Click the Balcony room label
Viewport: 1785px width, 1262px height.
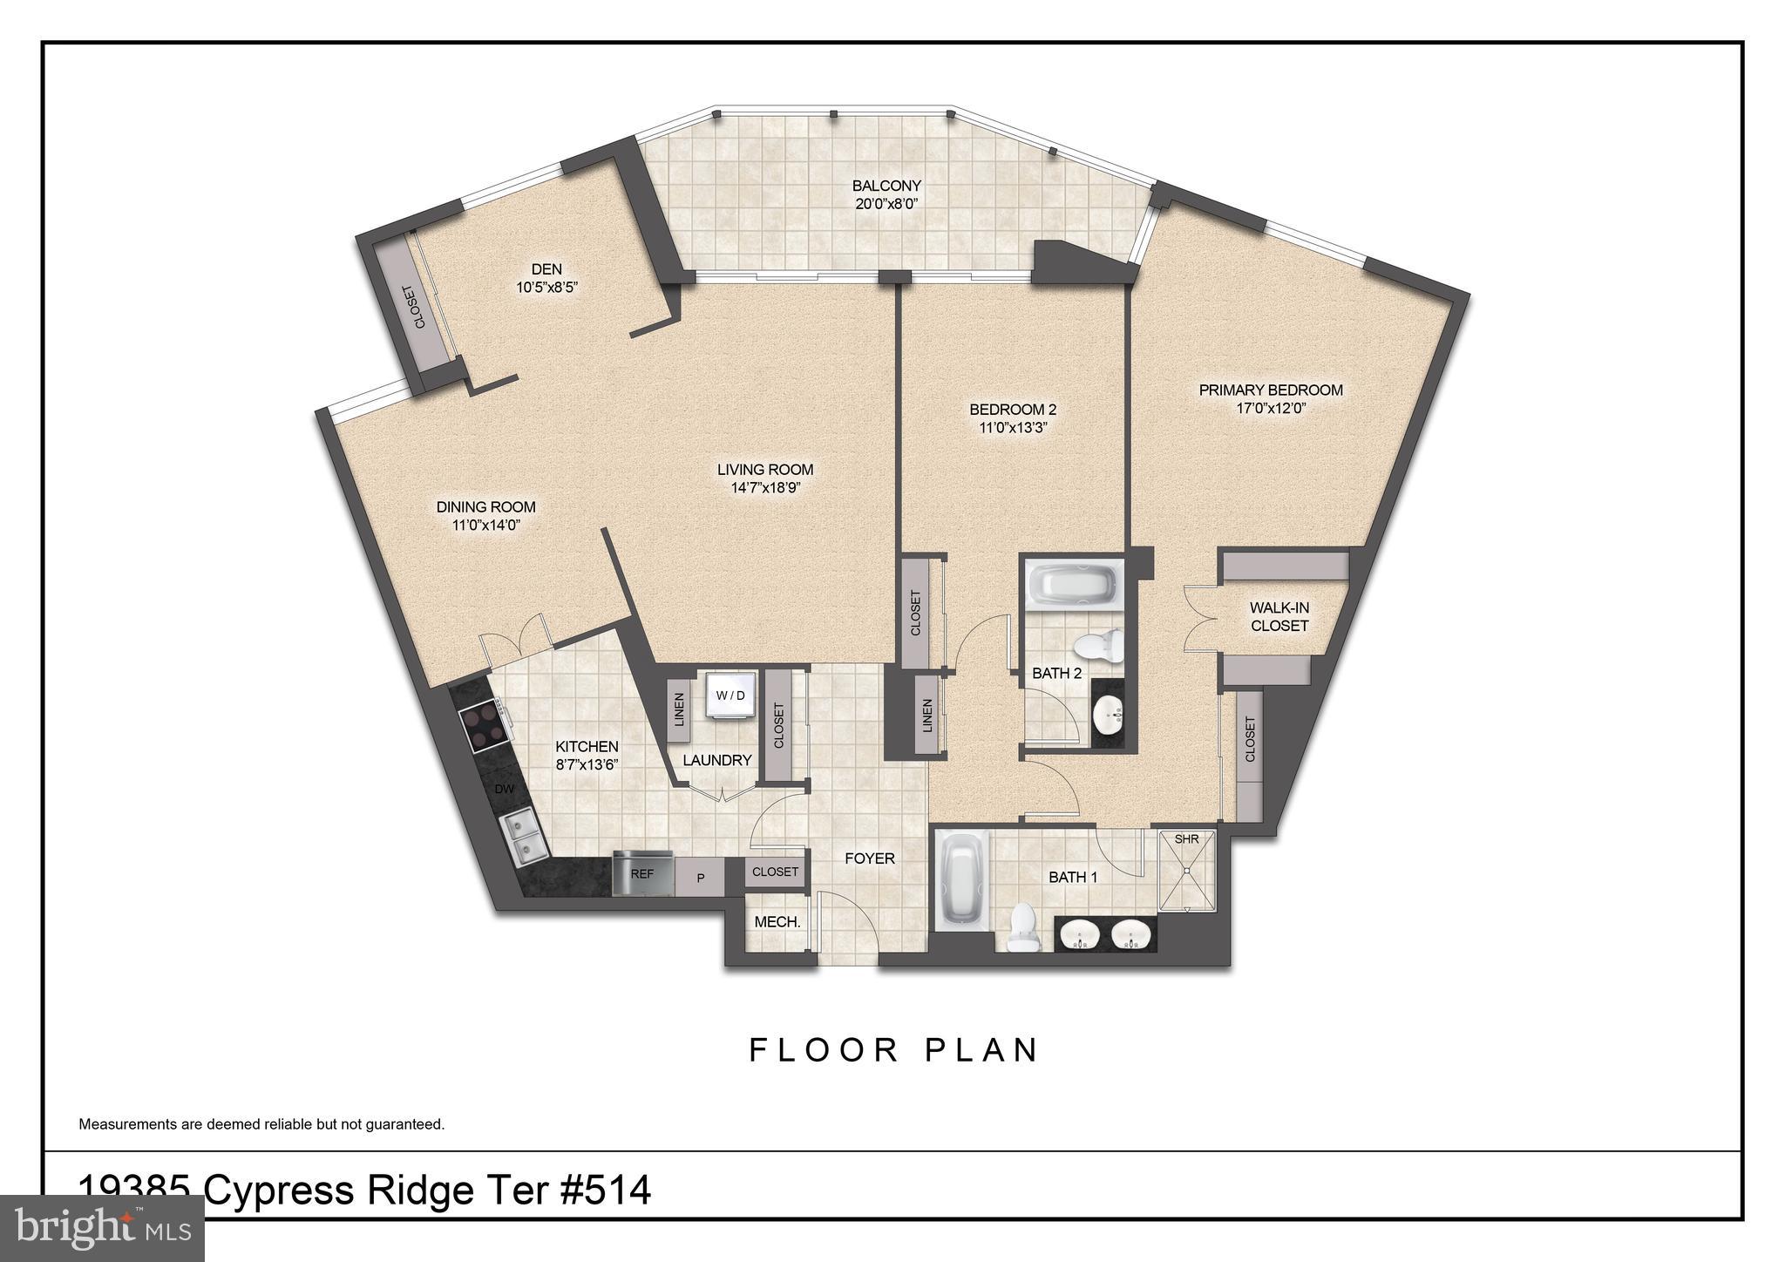pyautogui.click(x=886, y=186)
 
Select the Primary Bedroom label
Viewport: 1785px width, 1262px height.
pyautogui.click(x=1270, y=390)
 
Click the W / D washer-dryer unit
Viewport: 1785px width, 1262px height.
pyautogui.click(x=730, y=695)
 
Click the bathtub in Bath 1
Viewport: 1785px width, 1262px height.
pyautogui.click(x=963, y=882)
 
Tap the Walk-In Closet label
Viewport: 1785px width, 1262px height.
pyautogui.click(x=1279, y=617)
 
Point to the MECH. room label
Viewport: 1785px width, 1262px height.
pyautogui.click(x=777, y=921)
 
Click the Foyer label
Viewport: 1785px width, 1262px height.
pyautogui.click(x=869, y=858)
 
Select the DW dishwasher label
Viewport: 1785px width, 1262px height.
pyautogui.click(x=504, y=789)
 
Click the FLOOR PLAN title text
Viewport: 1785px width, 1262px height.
pyautogui.click(x=893, y=1050)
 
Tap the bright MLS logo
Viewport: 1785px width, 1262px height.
pyautogui.click(x=102, y=1229)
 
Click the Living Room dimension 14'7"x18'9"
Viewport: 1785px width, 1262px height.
pyautogui.click(x=764, y=488)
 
